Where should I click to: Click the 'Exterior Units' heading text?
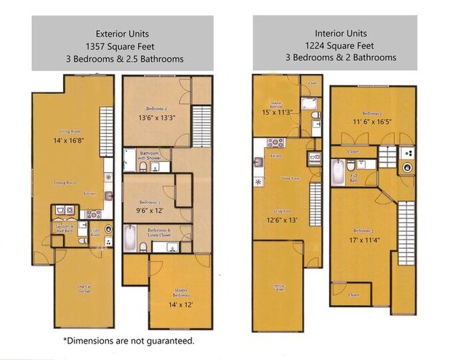[122, 33]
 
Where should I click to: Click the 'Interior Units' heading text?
[341, 33]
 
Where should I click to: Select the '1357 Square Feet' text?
[122, 46]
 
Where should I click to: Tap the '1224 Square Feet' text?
[341, 45]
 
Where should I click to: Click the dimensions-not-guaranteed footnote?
[128, 340]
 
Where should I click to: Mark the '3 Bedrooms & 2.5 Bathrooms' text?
[122, 59]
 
